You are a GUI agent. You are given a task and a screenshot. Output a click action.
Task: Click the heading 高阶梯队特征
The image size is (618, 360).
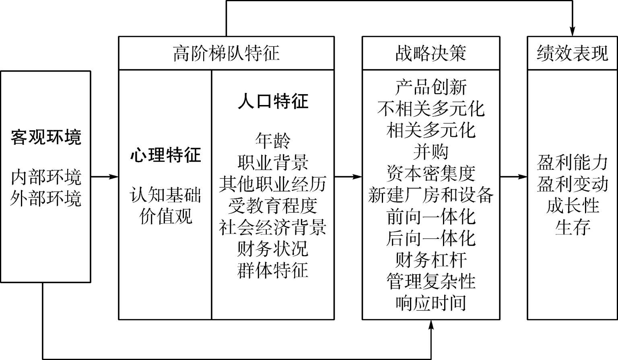[x=226, y=53]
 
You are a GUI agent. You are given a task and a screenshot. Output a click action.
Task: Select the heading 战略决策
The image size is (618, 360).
[x=431, y=53]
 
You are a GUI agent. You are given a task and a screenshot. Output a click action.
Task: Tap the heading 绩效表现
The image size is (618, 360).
[x=573, y=53]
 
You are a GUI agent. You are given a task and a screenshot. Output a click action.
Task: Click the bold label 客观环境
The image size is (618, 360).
[x=46, y=137]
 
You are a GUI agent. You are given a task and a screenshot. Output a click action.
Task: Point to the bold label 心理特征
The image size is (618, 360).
[x=165, y=155]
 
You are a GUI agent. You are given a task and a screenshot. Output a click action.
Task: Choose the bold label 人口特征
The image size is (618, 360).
[x=273, y=101]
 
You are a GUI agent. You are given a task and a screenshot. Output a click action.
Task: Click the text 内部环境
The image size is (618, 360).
[x=46, y=177]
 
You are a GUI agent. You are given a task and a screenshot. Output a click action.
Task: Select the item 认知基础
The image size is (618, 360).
[x=165, y=195]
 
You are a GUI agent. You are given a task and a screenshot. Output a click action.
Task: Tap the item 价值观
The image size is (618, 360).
[x=165, y=216]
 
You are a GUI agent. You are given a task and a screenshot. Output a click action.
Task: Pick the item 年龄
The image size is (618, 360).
[x=273, y=141]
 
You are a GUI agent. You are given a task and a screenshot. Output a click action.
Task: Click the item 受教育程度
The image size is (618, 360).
[x=273, y=206]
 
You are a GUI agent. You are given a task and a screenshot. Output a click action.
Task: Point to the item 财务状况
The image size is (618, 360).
[x=273, y=249]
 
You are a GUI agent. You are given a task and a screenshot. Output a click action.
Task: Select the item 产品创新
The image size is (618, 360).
[x=431, y=87]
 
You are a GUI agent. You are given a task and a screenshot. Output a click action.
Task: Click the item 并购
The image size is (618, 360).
[x=431, y=152]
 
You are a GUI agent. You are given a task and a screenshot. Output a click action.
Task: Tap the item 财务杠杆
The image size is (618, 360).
[x=431, y=260]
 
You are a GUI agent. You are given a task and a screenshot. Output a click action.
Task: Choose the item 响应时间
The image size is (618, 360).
[x=431, y=303]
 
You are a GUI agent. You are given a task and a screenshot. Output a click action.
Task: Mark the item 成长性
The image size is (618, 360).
[x=573, y=206]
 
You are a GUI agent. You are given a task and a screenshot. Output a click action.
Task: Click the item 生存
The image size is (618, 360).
[x=573, y=227]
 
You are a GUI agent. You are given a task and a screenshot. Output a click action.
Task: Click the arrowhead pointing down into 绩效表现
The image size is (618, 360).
[x=573, y=31]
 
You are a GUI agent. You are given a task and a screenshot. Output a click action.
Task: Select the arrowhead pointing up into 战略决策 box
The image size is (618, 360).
[x=431, y=325]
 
